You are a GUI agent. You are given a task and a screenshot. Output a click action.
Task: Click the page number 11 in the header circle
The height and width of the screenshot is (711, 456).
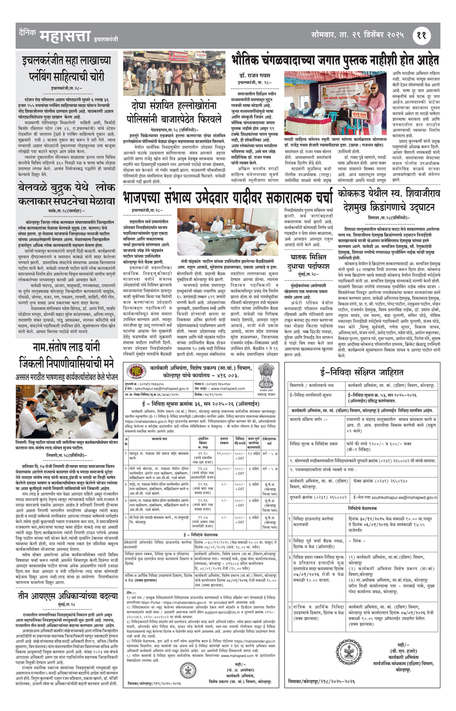pos(422,35)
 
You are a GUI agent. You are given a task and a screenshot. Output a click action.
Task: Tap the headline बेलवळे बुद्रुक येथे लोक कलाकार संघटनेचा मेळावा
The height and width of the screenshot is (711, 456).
pos(66,194)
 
